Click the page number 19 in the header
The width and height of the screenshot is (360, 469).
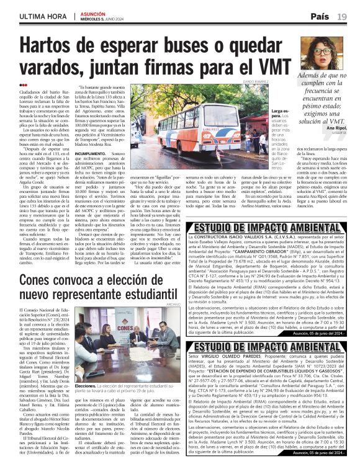[342, 16]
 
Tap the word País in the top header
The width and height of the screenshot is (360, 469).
[320, 16]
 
